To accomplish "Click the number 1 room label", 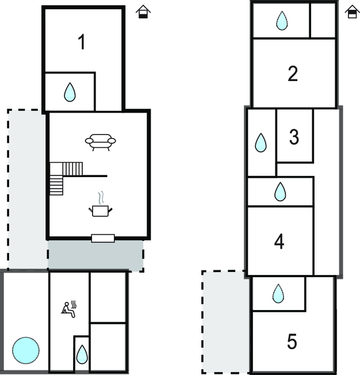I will [82, 42].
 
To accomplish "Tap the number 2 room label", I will [293, 74].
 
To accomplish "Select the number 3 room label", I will [294, 137].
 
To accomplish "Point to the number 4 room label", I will [279, 242].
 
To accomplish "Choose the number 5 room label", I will [292, 342].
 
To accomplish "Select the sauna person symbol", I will [69, 309].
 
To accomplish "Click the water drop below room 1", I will [70, 92].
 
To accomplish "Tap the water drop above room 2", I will [281, 21].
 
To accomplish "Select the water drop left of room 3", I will [261, 143].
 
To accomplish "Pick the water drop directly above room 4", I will [280, 192].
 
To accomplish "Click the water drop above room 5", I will [278, 293].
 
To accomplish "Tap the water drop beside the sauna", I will [82, 354].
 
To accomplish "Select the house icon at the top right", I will [351, 12].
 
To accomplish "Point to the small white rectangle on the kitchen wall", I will [103, 238].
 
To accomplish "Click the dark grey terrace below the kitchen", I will [95, 255].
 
